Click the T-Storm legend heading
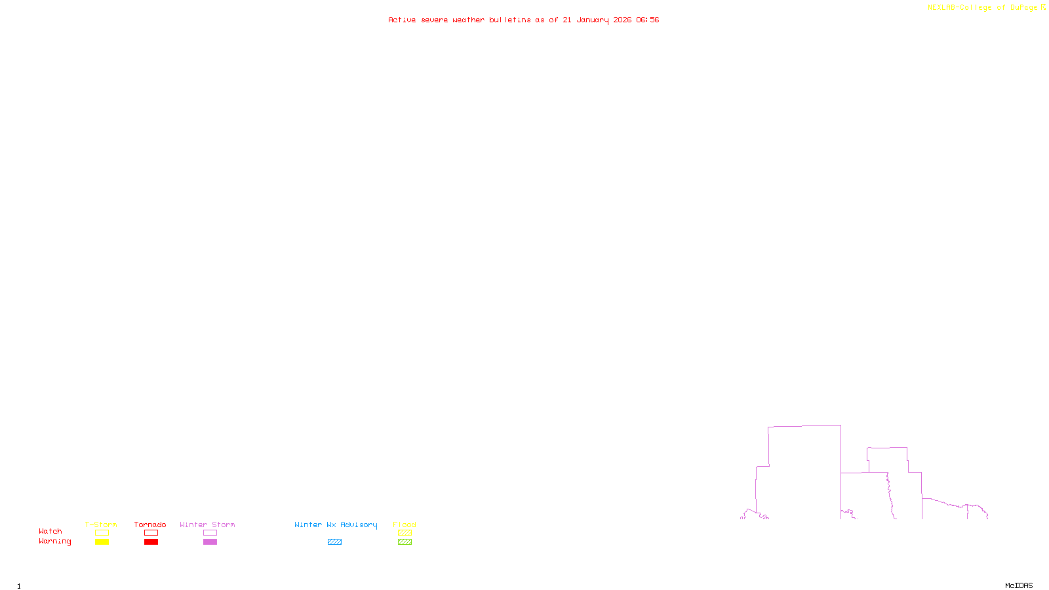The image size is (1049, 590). click(101, 524)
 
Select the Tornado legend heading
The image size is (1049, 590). click(150, 524)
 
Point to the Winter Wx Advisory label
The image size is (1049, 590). click(336, 524)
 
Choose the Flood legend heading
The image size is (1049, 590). click(405, 524)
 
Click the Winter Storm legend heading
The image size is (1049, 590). click(207, 524)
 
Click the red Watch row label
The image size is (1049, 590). click(50, 531)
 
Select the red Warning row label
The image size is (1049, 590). click(54, 541)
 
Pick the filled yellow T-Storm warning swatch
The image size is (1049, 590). click(102, 542)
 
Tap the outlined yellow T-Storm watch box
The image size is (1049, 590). click(102, 533)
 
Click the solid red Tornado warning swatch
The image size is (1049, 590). click(151, 542)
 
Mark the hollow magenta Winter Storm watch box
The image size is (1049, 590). click(210, 533)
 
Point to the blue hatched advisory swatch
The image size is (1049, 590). click(334, 542)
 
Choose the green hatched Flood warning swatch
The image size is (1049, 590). click(405, 542)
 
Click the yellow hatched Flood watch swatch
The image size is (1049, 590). click(405, 533)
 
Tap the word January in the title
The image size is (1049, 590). click(593, 20)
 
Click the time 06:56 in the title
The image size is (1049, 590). click(647, 20)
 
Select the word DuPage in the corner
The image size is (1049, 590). click(1023, 7)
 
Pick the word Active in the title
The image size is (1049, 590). click(402, 20)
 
